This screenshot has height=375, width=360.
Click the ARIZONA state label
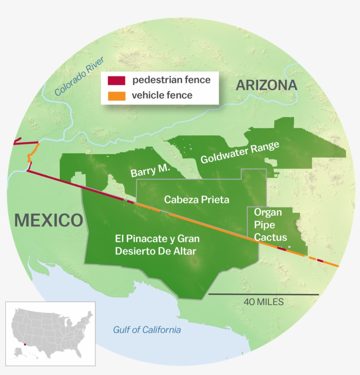click(267, 86)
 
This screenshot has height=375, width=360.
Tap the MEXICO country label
click(48, 220)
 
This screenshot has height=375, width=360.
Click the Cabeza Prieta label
click(196, 200)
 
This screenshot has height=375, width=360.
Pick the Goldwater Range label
click(240, 153)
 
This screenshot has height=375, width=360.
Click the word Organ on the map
click(268, 213)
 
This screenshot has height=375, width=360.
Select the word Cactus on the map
click(271, 238)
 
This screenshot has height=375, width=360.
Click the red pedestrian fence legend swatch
click(117, 80)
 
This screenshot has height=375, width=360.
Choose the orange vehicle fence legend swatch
click(117, 95)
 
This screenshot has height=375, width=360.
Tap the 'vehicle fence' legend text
click(162, 95)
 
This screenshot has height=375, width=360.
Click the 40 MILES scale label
click(263, 302)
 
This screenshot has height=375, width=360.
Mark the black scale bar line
click(263, 294)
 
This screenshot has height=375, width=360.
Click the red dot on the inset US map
click(25, 345)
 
